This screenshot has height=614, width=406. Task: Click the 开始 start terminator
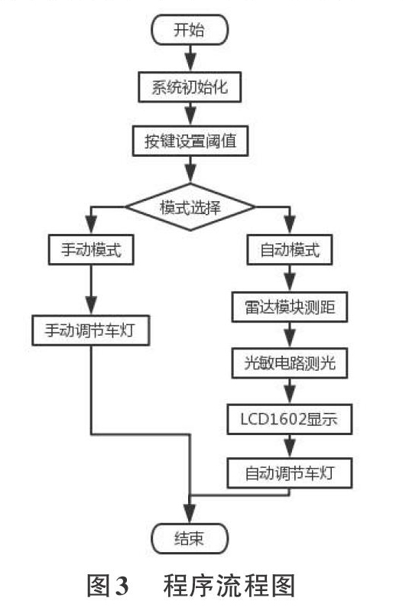(x=190, y=30)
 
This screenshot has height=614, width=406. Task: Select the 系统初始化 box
(x=190, y=87)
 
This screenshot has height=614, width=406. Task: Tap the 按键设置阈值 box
(x=190, y=141)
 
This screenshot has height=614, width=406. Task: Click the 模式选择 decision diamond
(x=190, y=206)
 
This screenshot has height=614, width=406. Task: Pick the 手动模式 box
(x=91, y=250)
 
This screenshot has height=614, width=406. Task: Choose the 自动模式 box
(x=290, y=250)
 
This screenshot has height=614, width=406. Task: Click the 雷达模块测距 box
(x=290, y=307)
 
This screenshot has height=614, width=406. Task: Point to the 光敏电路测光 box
(x=290, y=363)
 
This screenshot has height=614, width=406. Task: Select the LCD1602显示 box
(x=290, y=419)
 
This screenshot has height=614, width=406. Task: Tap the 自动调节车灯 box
(x=290, y=473)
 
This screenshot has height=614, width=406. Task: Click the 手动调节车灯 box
(x=91, y=330)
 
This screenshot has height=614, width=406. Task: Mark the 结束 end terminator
(x=190, y=539)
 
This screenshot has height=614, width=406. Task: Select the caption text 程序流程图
(x=229, y=586)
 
